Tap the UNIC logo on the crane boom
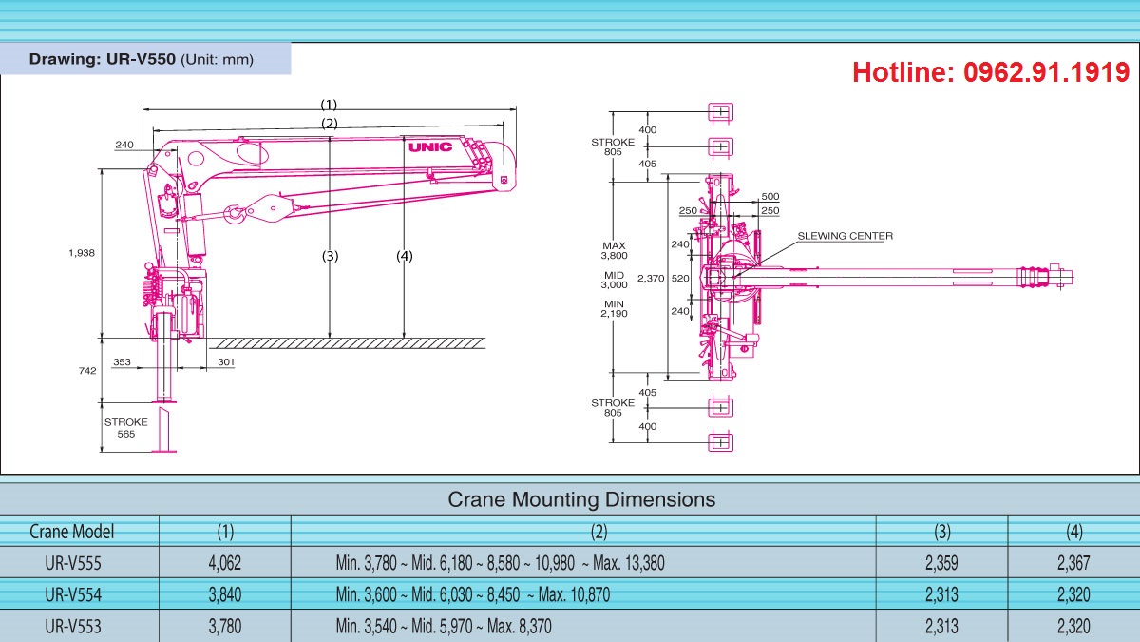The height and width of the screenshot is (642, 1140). click(430, 147)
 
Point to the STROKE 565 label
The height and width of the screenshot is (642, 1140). click(126, 428)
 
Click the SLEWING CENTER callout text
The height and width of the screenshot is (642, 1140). click(845, 236)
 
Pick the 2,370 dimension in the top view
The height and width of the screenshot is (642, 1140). click(650, 279)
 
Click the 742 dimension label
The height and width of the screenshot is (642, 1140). click(86, 371)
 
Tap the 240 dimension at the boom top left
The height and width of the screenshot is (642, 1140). click(124, 146)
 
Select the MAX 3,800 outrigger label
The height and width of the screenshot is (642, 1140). click(615, 251)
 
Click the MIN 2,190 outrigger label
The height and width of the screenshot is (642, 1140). click(615, 308)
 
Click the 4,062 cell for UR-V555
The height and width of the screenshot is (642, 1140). click(224, 563)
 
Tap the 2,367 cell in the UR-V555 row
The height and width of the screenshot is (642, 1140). click(1073, 563)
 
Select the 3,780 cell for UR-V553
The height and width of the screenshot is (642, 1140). click(224, 626)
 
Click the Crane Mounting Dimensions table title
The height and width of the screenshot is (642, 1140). click(580, 499)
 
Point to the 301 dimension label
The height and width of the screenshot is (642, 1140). click(225, 362)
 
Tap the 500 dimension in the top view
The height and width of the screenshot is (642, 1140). click(769, 197)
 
